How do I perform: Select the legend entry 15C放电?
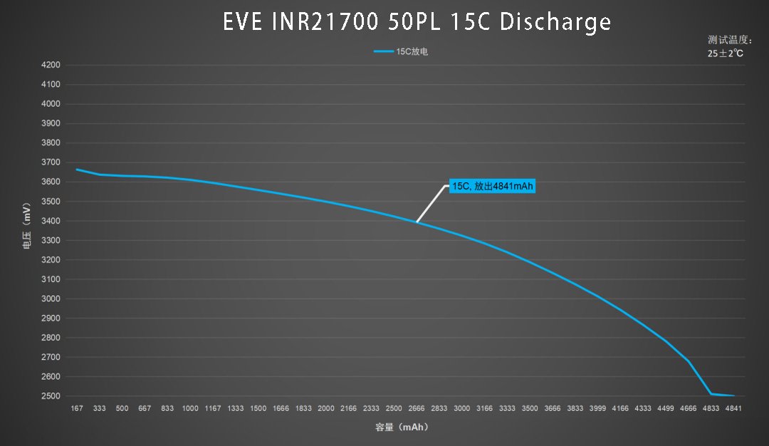tap(401, 51)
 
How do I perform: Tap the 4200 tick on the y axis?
tap(51, 65)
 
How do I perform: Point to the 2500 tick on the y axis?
tap(51, 396)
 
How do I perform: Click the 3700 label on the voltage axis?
tap(51, 162)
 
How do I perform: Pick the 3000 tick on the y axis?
tap(51, 299)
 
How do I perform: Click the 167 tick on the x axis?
tap(77, 409)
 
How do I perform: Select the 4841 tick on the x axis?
tap(733, 409)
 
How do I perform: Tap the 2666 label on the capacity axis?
tap(417, 409)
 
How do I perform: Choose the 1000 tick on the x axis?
tap(190, 409)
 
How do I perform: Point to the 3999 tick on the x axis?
tap(597, 409)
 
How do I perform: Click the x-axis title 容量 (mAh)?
tap(402, 427)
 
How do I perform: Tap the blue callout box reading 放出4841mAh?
tap(492, 187)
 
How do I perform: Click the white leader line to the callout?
tap(431, 204)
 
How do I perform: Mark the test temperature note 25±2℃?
tap(726, 53)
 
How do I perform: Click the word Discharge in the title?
tap(555, 22)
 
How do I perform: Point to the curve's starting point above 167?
tap(77, 170)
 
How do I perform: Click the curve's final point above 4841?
tap(733, 395)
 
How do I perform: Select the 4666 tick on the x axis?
tap(688, 409)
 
